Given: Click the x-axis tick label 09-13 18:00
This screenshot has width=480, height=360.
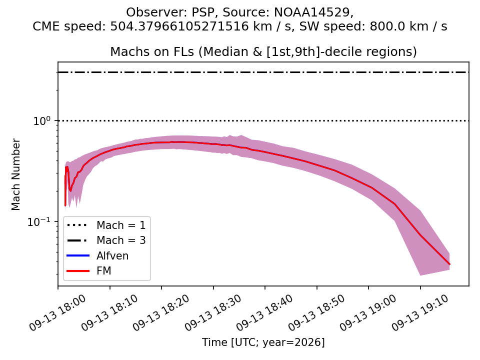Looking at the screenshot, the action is click(x=57, y=312).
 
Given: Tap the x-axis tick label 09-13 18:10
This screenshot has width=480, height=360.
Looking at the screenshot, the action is click(x=109, y=312).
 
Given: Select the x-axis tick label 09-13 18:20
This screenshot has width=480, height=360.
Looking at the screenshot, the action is click(x=161, y=312).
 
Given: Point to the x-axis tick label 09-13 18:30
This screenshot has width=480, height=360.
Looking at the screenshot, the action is click(x=213, y=312).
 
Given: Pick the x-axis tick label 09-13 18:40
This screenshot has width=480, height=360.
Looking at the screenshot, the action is click(x=264, y=312).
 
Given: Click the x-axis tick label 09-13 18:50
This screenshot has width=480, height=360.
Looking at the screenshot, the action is click(x=316, y=312).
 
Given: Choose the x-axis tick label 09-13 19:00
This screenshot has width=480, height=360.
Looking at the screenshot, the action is click(x=368, y=312).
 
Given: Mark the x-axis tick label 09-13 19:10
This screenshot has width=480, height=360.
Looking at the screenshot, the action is click(x=419, y=312).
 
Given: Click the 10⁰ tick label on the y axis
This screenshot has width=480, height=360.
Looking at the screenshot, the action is click(x=41, y=120).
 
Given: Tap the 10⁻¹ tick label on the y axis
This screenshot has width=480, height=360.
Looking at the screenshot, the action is click(x=39, y=221).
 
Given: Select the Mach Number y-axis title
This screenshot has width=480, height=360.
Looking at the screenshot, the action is click(x=15, y=174).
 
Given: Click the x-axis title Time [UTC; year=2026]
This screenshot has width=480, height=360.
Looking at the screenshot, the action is click(x=263, y=342).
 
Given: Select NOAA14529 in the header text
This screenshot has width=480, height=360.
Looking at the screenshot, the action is click(x=312, y=12).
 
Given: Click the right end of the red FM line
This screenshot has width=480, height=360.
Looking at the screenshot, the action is click(x=449, y=264).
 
